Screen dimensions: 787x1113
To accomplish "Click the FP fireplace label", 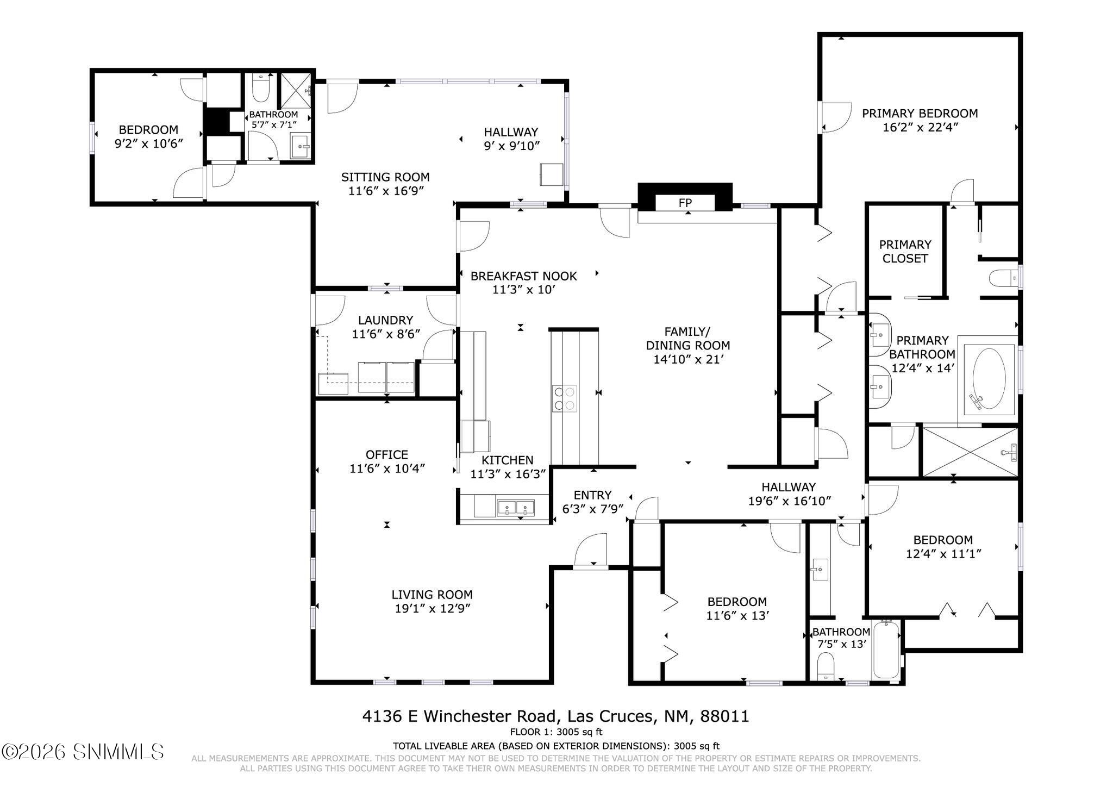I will (x=685, y=203).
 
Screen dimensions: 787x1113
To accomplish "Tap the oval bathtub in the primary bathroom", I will (x=989, y=378).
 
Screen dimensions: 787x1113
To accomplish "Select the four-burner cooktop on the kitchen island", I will (x=565, y=398).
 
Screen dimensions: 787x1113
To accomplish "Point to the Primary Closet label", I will (x=905, y=251).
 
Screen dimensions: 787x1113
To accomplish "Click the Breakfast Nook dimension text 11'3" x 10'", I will (x=523, y=290).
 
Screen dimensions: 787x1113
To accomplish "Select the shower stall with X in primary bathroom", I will (x=970, y=452).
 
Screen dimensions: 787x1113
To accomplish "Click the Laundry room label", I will (x=386, y=320).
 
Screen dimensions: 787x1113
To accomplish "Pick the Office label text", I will (x=386, y=454).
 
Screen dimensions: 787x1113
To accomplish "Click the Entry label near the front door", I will (x=592, y=495).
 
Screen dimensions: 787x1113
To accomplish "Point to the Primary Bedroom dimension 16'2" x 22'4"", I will (x=920, y=128).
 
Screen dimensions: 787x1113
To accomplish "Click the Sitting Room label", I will (x=385, y=177).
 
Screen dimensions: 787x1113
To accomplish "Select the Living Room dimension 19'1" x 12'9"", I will (x=432, y=609).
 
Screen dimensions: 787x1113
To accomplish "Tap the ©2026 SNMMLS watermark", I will (x=83, y=752).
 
